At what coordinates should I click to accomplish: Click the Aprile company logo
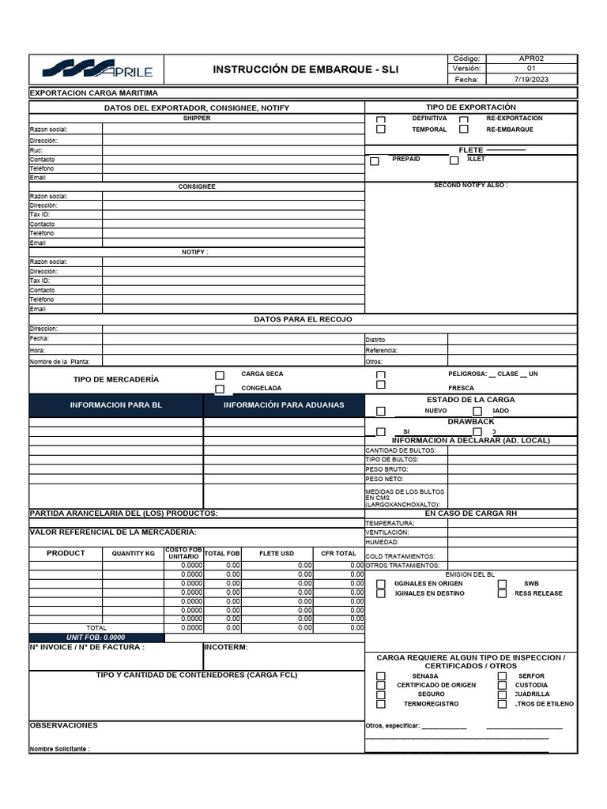point(97,70)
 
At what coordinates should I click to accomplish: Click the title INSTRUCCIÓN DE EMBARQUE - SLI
point(306,70)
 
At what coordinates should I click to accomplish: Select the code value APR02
point(531,59)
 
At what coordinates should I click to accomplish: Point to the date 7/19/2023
point(531,80)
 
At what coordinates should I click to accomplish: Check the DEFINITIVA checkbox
point(381,120)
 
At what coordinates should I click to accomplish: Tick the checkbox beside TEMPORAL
point(381,130)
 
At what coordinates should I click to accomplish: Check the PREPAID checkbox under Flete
point(375,160)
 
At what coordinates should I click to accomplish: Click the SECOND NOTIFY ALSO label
point(471,186)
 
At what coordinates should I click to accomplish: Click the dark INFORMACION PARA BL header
point(116,405)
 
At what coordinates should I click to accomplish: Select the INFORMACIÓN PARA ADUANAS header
point(284,405)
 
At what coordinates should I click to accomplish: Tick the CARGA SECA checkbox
point(220,375)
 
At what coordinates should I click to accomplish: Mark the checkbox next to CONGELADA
point(220,389)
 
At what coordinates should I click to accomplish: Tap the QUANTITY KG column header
point(134,554)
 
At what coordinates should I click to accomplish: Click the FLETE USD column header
point(277,554)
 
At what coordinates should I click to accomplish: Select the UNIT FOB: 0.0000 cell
point(96,638)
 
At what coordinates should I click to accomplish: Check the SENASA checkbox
point(381,676)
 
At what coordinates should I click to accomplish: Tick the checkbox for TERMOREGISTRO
point(381,704)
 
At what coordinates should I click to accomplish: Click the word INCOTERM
point(226,647)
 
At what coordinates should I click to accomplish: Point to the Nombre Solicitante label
point(60,749)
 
